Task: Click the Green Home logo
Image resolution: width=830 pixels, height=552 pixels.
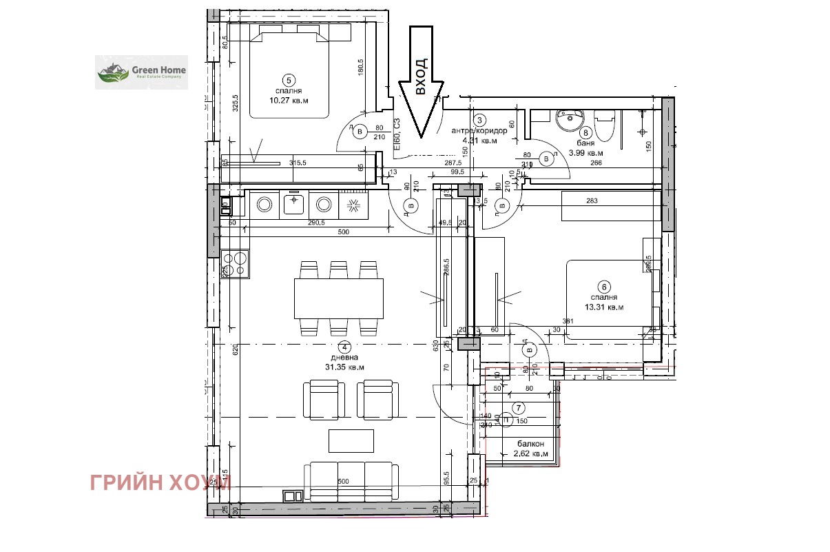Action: tap(141, 72)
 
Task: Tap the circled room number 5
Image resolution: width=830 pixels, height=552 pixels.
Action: tap(289, 80)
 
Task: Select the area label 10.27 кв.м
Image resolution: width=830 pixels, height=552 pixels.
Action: tap(289, 100)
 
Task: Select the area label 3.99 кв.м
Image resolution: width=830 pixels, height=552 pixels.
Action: tap(585, 153)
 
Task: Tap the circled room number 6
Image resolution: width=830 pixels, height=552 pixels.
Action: tap(603, 287)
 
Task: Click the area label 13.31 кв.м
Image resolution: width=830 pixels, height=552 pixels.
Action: tap(604, 307)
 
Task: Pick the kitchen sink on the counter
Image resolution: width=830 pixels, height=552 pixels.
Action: tap(294, 203)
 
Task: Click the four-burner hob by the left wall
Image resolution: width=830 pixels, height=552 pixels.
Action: tap(235, 263)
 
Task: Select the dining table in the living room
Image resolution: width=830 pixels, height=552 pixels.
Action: tap(338, 298)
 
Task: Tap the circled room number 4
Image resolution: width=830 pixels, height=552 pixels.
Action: tap(345, 347)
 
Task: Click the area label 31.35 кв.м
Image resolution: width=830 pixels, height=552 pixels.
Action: tap(345, 367)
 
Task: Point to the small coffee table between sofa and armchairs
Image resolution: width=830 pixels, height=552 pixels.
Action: tap(351, 440)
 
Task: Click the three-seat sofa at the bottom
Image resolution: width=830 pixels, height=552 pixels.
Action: tap(351, 480)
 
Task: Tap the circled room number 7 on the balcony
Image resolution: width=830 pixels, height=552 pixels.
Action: tap(519, 406)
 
